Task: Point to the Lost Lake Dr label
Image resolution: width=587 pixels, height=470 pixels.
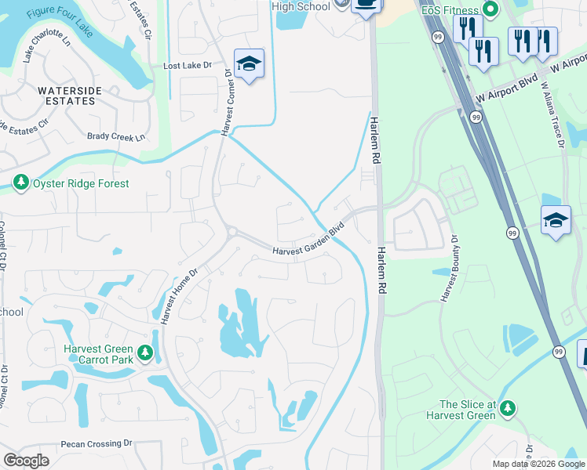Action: pos(188,67)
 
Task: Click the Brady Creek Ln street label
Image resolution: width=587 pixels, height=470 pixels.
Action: pos(117,137)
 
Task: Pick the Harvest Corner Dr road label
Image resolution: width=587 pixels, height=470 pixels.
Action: pos(227,103)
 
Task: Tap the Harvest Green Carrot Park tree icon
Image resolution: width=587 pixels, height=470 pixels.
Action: pos(144,354)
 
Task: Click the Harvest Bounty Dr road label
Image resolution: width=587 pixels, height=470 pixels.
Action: pos(450,268)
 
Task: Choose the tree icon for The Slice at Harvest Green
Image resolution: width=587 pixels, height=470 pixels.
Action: pos(508,408)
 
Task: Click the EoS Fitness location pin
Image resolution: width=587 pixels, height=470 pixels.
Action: pos(490,9)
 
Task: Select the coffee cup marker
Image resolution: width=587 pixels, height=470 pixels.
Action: pos(366,5)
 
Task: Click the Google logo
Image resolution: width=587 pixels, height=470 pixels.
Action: pos(26,461)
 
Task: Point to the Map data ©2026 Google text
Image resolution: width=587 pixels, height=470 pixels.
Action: pos(538,464)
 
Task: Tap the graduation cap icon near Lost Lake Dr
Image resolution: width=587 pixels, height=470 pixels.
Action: pos(249,64)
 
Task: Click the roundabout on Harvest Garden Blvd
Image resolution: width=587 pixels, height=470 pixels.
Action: pos(231,231)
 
